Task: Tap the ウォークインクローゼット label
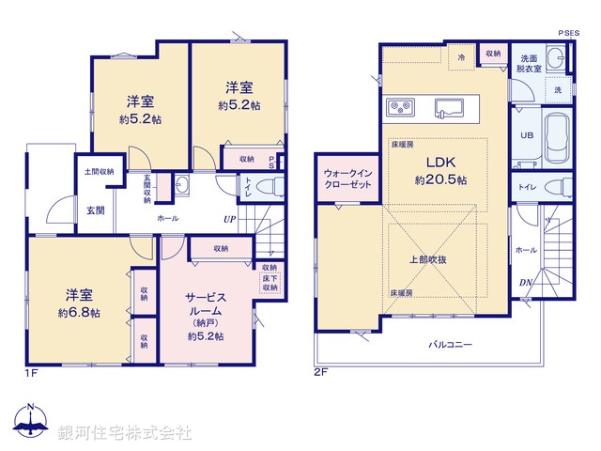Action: click(349, 179)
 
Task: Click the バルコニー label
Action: click(451, 344)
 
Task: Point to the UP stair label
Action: click(229, 220)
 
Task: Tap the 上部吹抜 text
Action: click(434, 257)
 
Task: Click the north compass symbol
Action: click(30, 424)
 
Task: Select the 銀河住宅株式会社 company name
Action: click(125, 433)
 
